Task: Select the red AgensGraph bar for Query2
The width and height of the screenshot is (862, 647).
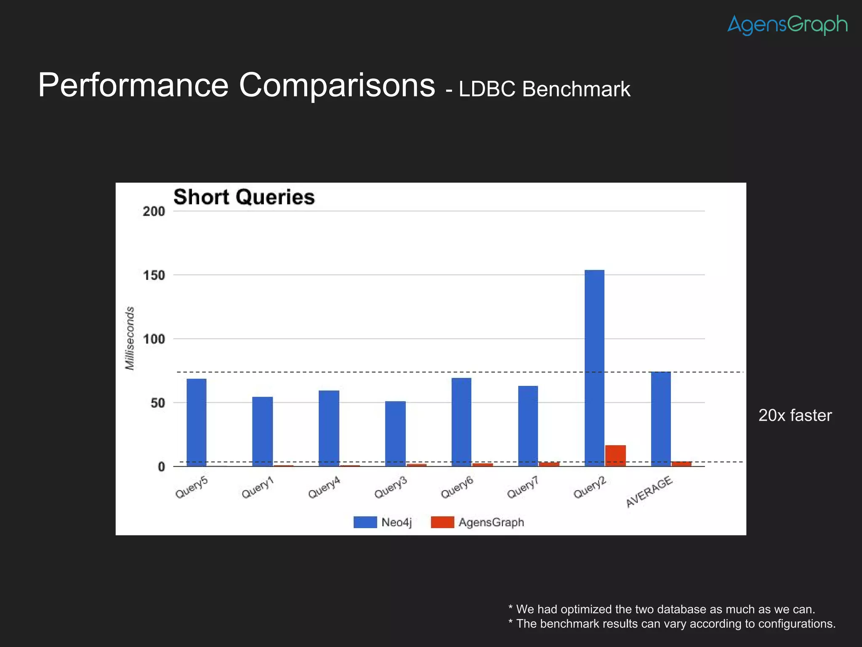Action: [x=615, y=456]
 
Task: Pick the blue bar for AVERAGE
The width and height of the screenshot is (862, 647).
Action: [x=661, y=419]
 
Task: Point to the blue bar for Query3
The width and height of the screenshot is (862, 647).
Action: [x=395, y=433]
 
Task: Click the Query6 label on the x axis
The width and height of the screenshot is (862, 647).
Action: [x=458, y=488]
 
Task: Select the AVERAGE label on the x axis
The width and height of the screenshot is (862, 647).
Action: [x=649, y=492]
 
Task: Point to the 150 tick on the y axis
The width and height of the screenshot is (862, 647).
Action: [x=154, y=275]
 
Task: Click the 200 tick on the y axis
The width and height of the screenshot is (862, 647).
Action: [x=154, y=211]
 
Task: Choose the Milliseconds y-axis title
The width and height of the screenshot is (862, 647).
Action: [x=130, y=338]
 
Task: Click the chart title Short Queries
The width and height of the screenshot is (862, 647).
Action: [x=244, y=197]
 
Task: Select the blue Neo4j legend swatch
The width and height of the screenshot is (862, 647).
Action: [x=365, y=522]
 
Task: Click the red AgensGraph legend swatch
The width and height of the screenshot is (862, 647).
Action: [x=442, y=522]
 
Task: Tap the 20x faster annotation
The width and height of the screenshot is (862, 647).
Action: [x=795, y=415]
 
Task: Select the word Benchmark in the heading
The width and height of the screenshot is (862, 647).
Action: [x=576, y=89]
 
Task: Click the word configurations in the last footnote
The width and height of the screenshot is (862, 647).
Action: [x=797, y=623]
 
